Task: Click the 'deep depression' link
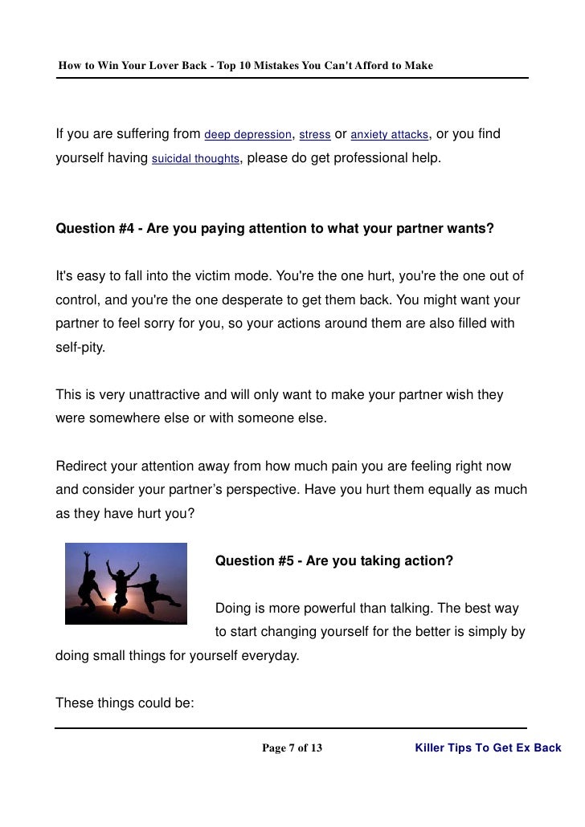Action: tap(248, 134)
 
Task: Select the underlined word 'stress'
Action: tap(314, 134)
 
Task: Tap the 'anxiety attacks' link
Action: tap(389, 134)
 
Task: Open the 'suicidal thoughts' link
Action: tap(195, 159)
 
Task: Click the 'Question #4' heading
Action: tap(274, 228)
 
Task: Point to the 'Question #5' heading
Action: tap(333, 560)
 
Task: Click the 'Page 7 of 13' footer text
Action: tap(292, 748)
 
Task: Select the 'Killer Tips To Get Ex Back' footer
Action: tap(488, 748)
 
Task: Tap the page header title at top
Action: tap(245, 64)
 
